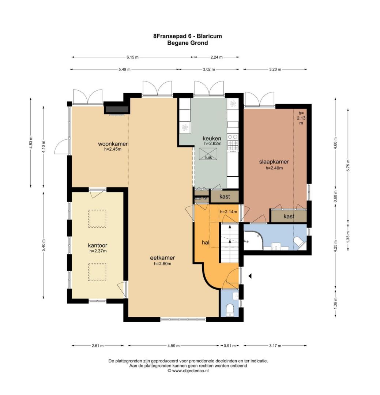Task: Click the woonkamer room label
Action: (113, 143)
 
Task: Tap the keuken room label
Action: (212, 138)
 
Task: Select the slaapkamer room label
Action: (274, 162)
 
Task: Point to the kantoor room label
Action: (97, 245)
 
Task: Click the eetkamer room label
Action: (162, 257)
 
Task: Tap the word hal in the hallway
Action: (206, 242)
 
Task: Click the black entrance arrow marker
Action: (250, 276)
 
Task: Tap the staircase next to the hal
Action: (229, 242)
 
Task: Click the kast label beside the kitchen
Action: (225, 196)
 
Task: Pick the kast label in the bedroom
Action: (289, 217)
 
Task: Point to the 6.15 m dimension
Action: (132, 57)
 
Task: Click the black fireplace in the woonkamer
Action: (117, 109)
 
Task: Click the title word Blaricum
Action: (209, 36)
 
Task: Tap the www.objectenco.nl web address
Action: (190, 370)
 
